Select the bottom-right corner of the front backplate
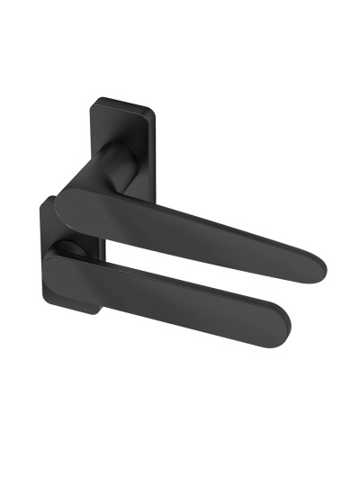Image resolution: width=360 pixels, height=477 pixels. click(97, 312)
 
